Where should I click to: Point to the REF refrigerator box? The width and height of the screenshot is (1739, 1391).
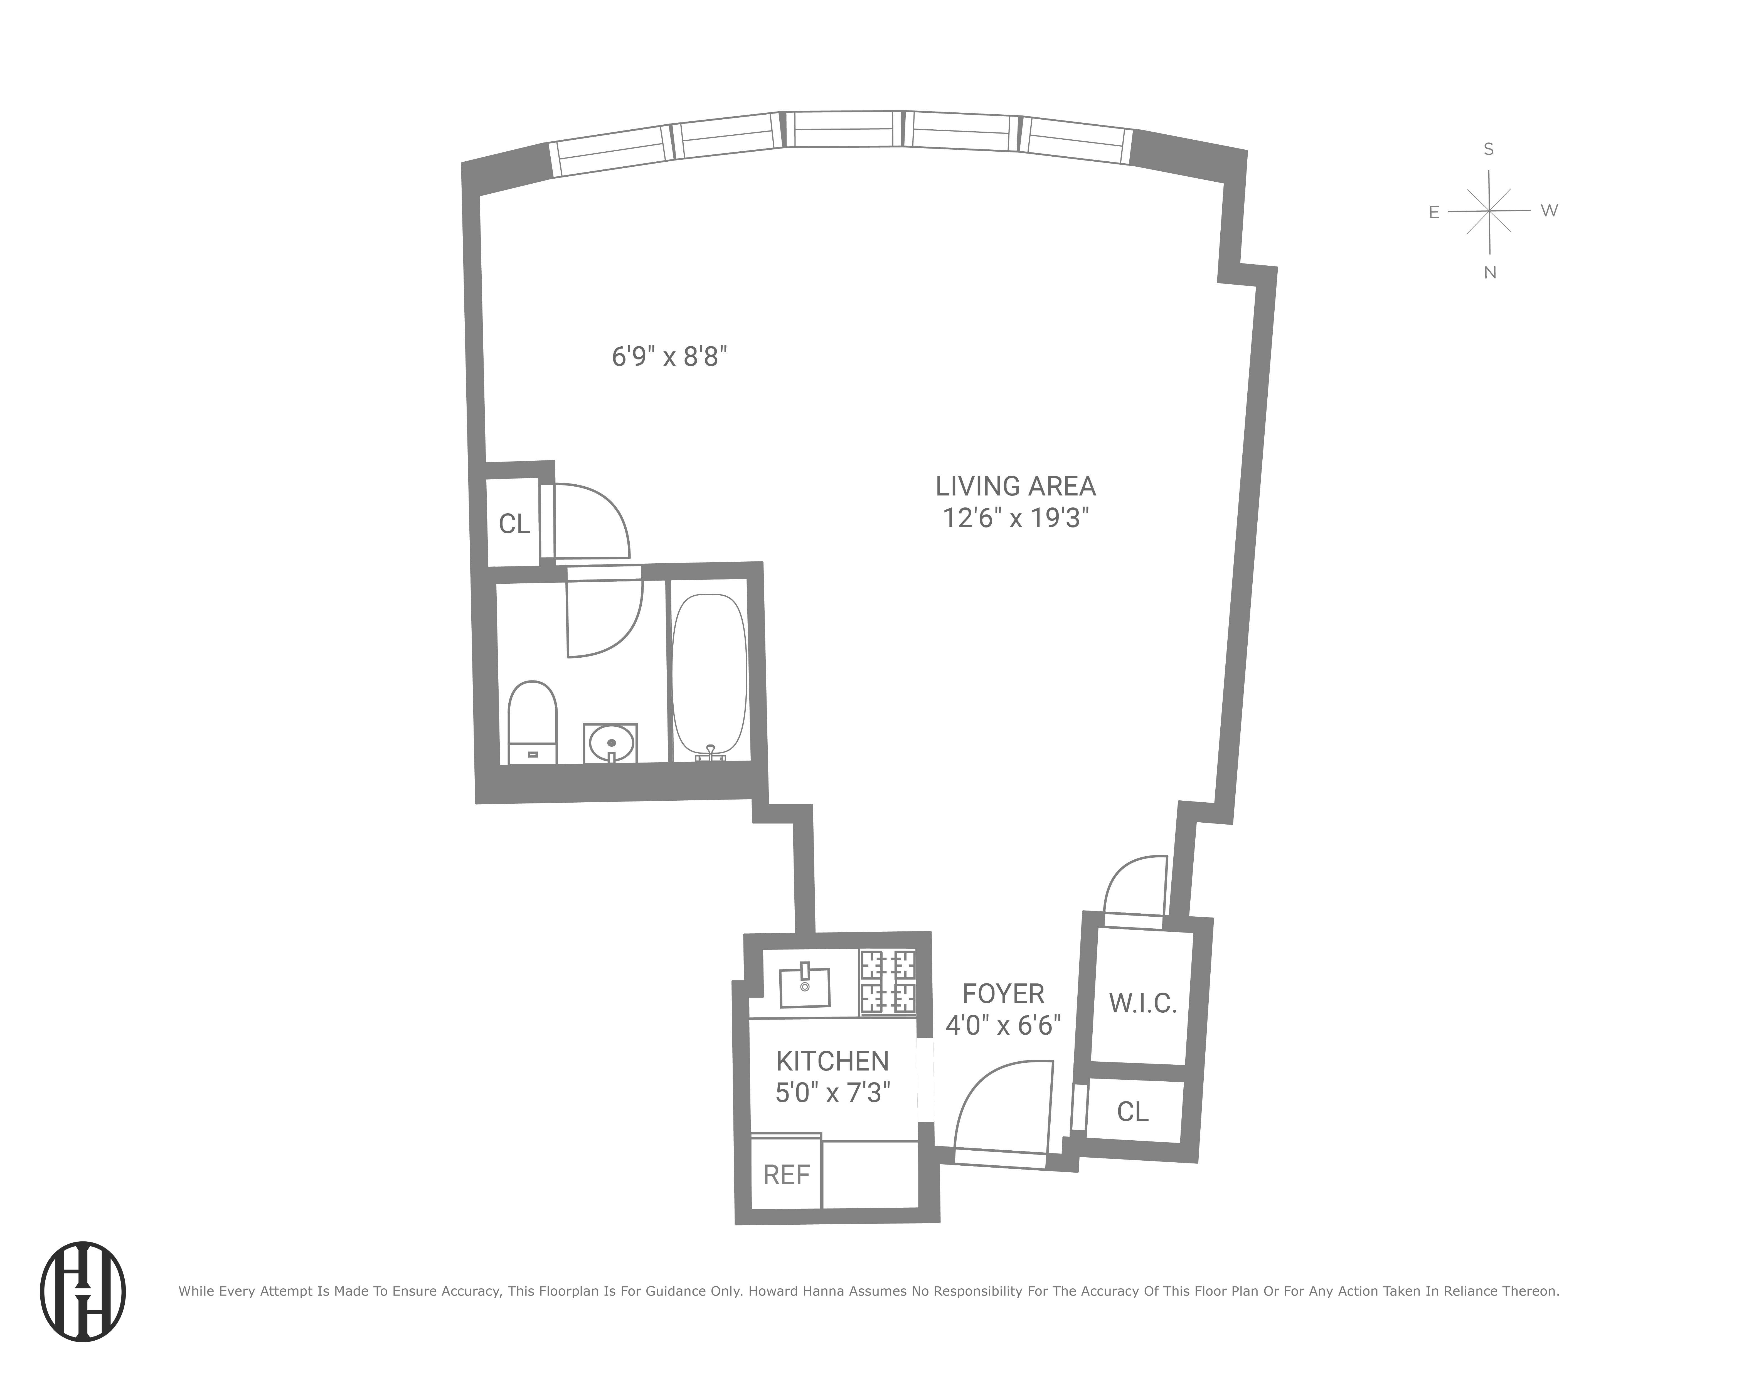click(x=786, y=1175)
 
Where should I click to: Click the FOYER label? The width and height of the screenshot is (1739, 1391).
click(x=1002, y=993)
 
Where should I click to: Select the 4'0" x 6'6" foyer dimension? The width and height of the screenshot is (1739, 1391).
click(x=1002, y=1025)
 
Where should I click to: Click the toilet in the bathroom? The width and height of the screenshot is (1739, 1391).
click(x=532, y=720)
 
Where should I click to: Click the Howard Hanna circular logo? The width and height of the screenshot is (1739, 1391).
click(x=83, y=1291)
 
